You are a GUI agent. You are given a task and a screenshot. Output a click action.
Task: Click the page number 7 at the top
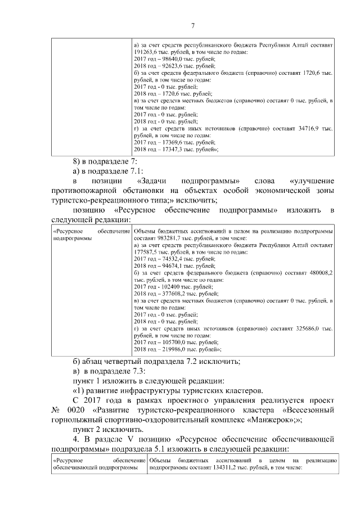coord(192,26)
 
